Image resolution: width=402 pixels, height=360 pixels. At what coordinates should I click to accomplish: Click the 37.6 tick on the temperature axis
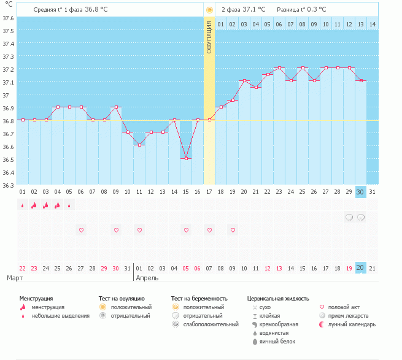pos(9,18)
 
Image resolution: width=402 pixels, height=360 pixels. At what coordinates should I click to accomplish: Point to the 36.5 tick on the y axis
pos(9,159)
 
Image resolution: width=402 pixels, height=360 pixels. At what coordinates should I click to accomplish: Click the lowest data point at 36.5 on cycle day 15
pos(186,158)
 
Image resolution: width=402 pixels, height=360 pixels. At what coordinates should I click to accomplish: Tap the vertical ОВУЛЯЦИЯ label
pos(209,37)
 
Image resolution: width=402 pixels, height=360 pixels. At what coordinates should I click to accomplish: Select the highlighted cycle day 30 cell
pos(361,192)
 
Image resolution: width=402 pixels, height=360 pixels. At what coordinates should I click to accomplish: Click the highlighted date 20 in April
pos(361,268)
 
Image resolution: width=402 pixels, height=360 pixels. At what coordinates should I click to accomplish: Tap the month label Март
pos(15,278)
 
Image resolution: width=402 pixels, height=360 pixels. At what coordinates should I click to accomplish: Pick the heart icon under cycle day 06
pos(81,230)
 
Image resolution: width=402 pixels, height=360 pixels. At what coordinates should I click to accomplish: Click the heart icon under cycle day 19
pos(233,230)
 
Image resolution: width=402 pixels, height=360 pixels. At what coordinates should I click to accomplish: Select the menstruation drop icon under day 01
pos(23,205)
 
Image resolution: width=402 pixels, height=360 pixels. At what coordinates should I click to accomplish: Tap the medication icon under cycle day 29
pos(349,217)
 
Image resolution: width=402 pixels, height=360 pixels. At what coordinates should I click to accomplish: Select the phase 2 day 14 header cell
pos(373,24)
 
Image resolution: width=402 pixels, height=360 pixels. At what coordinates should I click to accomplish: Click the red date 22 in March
pos(23,268)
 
